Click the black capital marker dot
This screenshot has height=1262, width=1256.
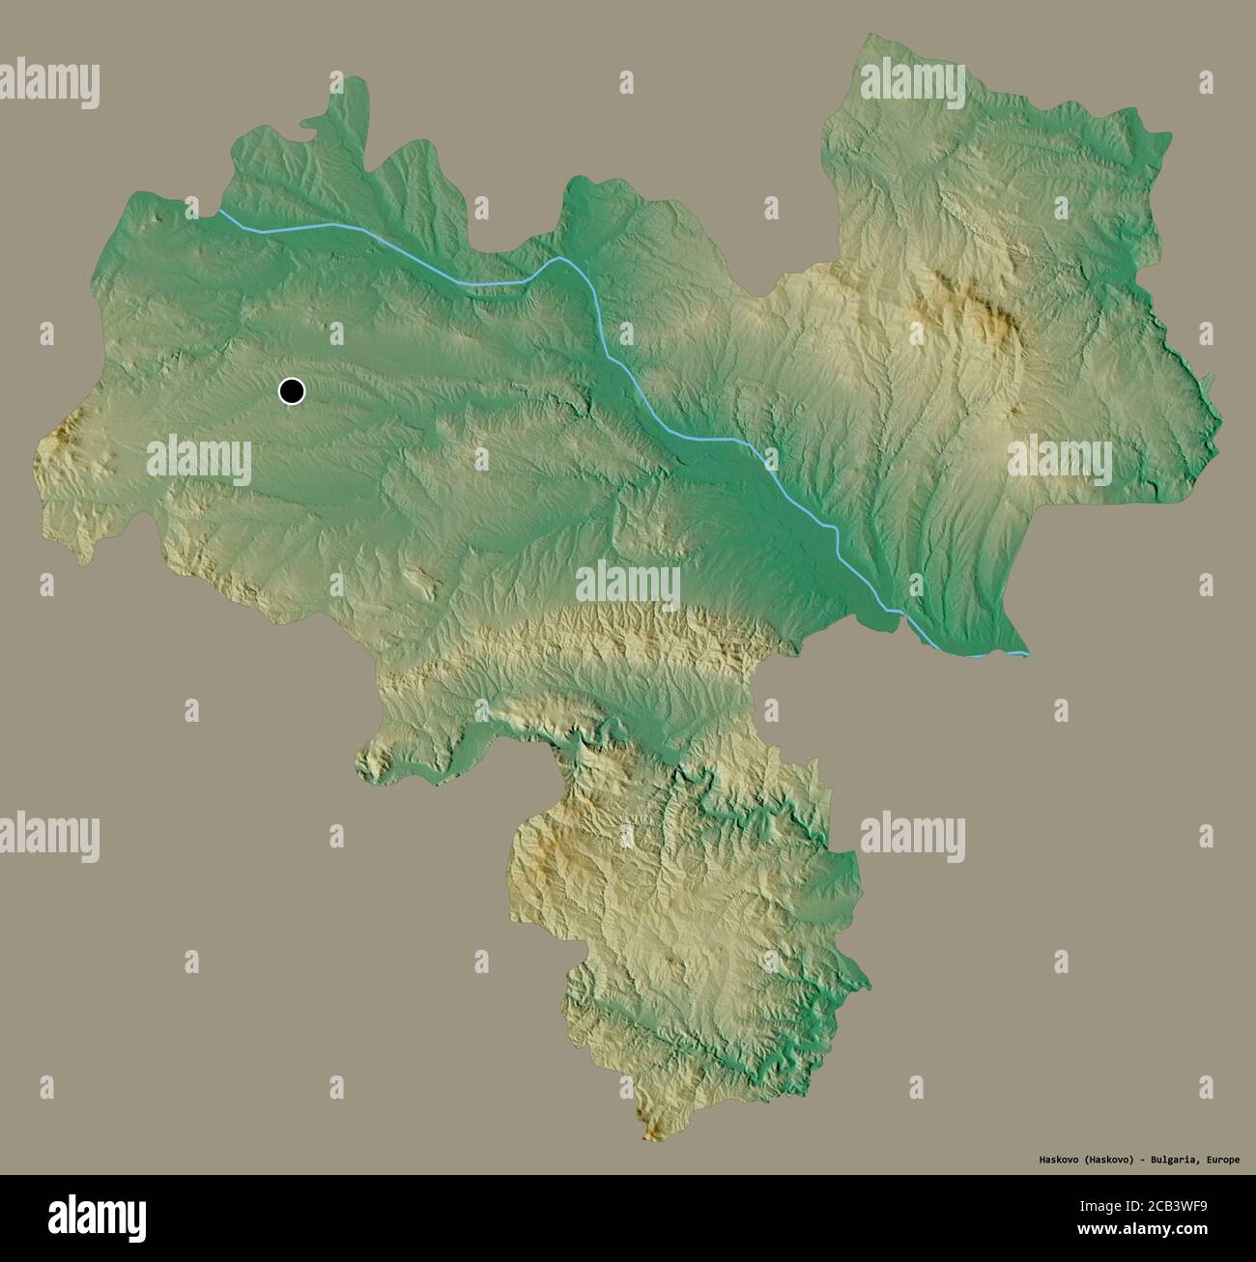tap(291, 391)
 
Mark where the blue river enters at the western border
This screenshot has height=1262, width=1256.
tap(218, 211)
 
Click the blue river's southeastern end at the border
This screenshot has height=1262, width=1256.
tap(1026, 653)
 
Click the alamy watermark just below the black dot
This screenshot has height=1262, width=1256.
tap(199, 459)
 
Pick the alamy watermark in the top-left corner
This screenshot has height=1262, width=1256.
tap(50, 82)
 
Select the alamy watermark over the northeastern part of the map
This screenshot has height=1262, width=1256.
tap(913, 82)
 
